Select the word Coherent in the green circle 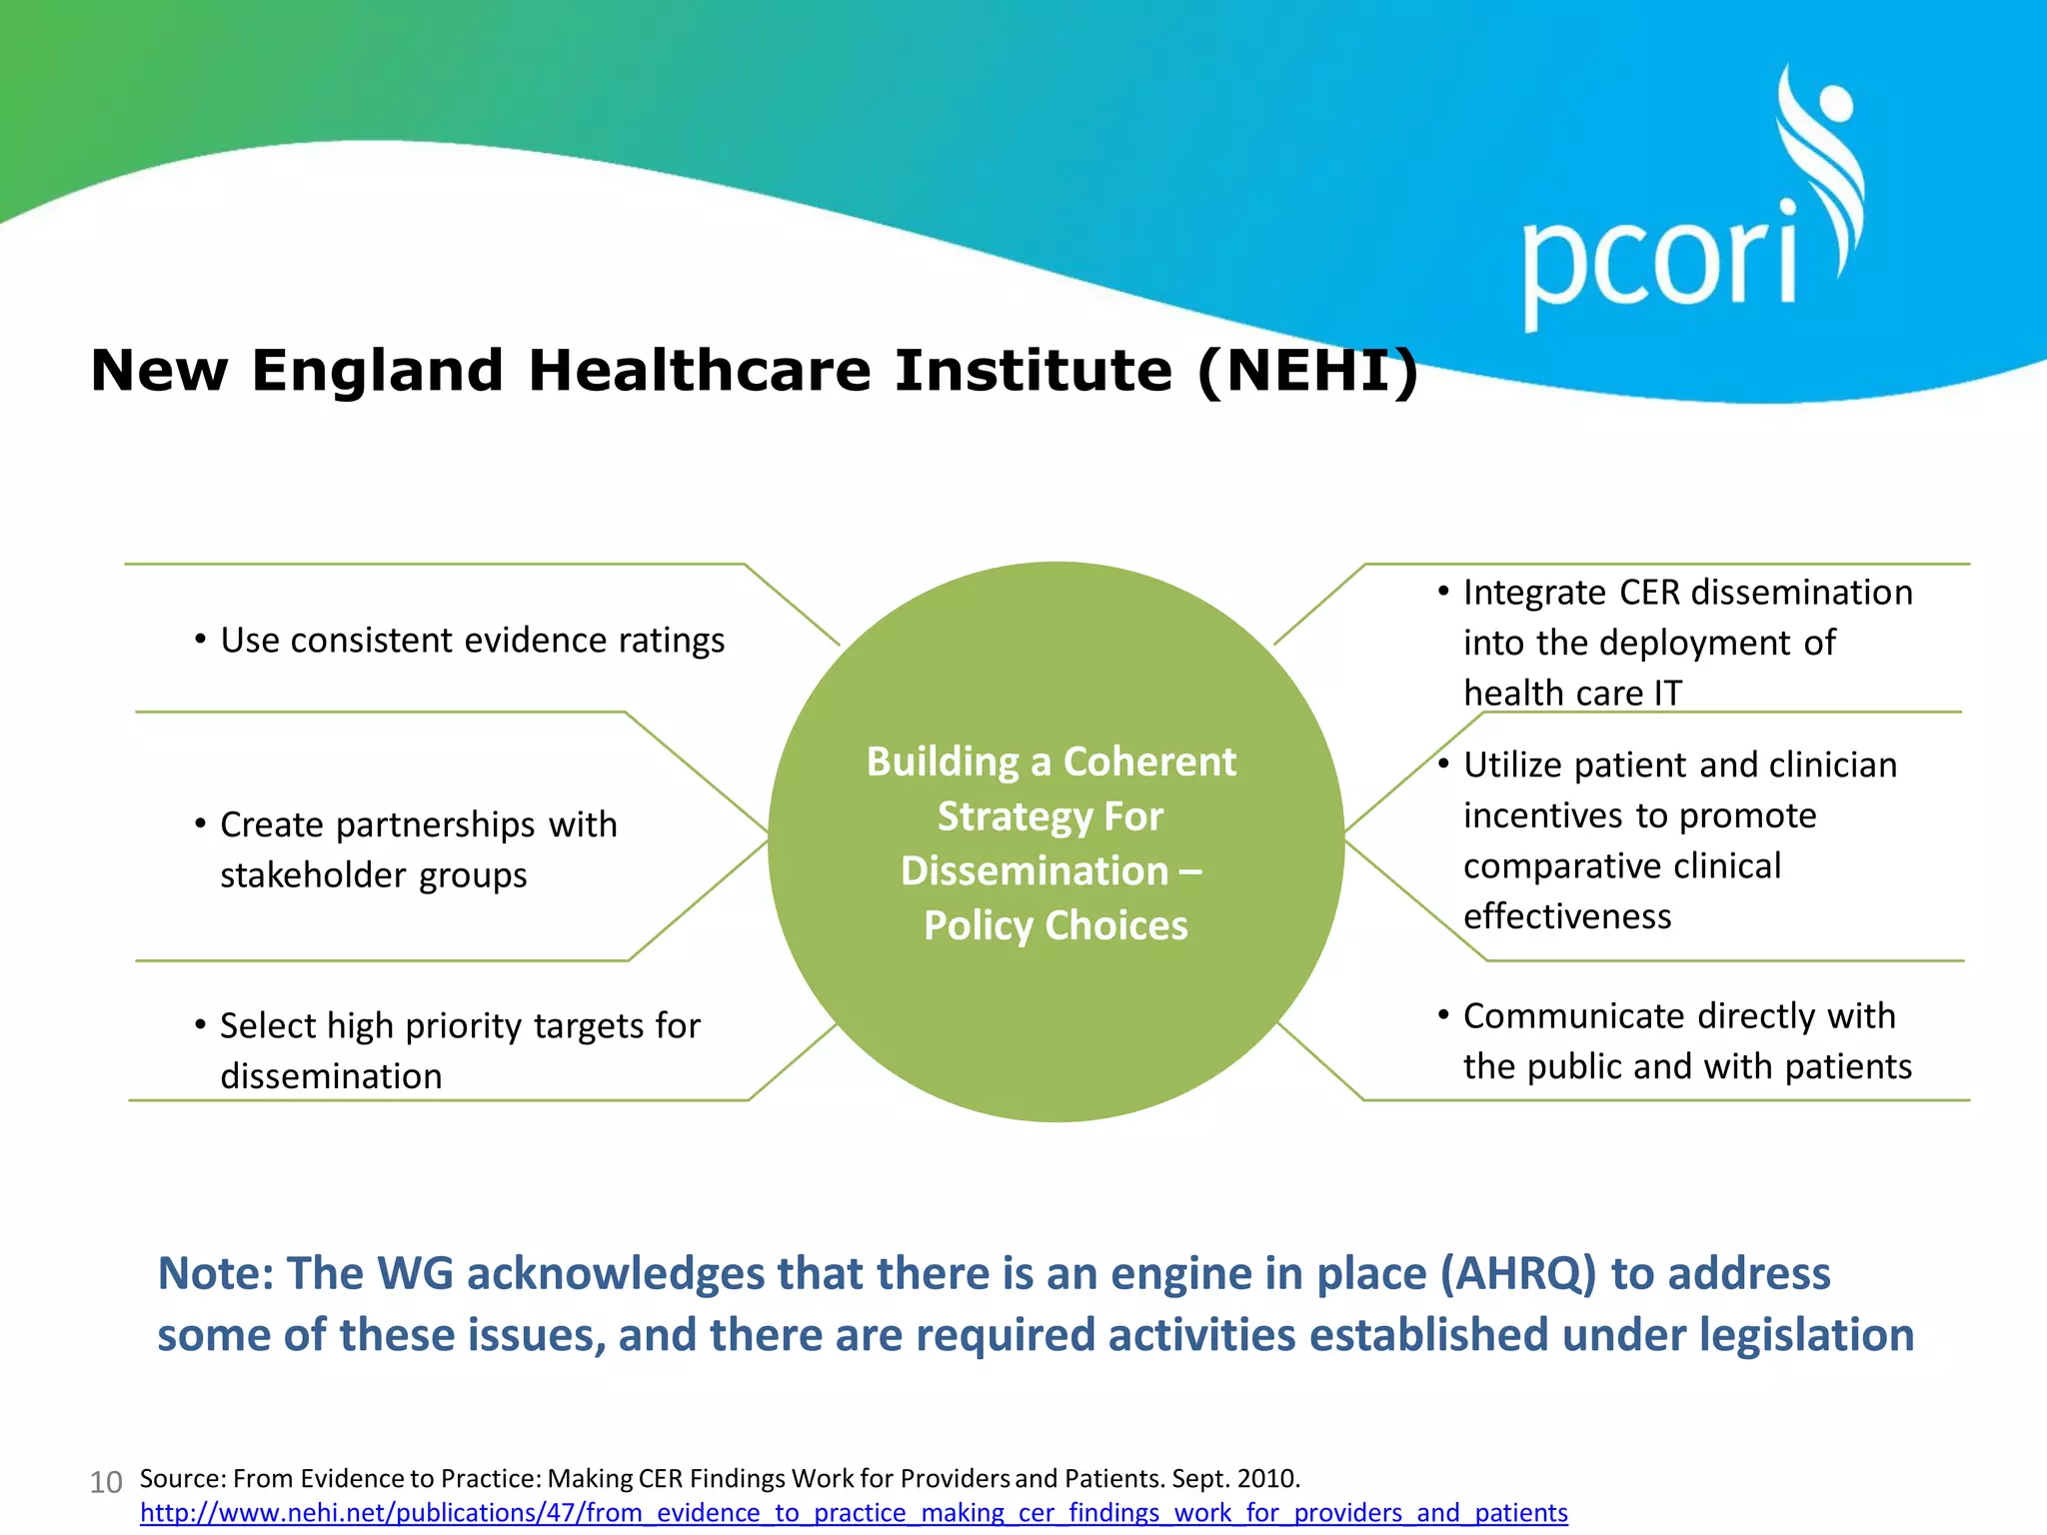tap(1149, 762)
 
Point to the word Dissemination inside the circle tap(1034, 870)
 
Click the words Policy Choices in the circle tap(1055, 925)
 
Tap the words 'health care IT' tap(1572, 694)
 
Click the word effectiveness tap(1566, 916)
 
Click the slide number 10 tap(106, 1482)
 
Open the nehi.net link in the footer tap(854, 1513)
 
